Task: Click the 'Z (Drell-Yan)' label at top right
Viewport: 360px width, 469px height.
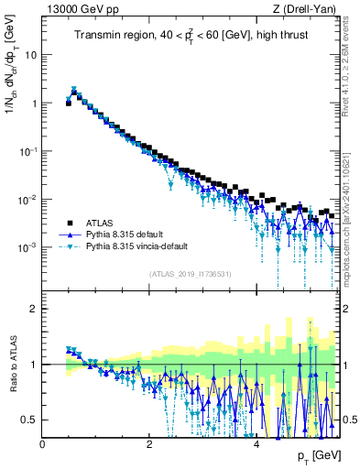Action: point(308,8)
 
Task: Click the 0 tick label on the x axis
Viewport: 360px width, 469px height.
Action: point(43,443)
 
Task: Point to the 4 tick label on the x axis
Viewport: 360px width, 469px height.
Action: point(256,443)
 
